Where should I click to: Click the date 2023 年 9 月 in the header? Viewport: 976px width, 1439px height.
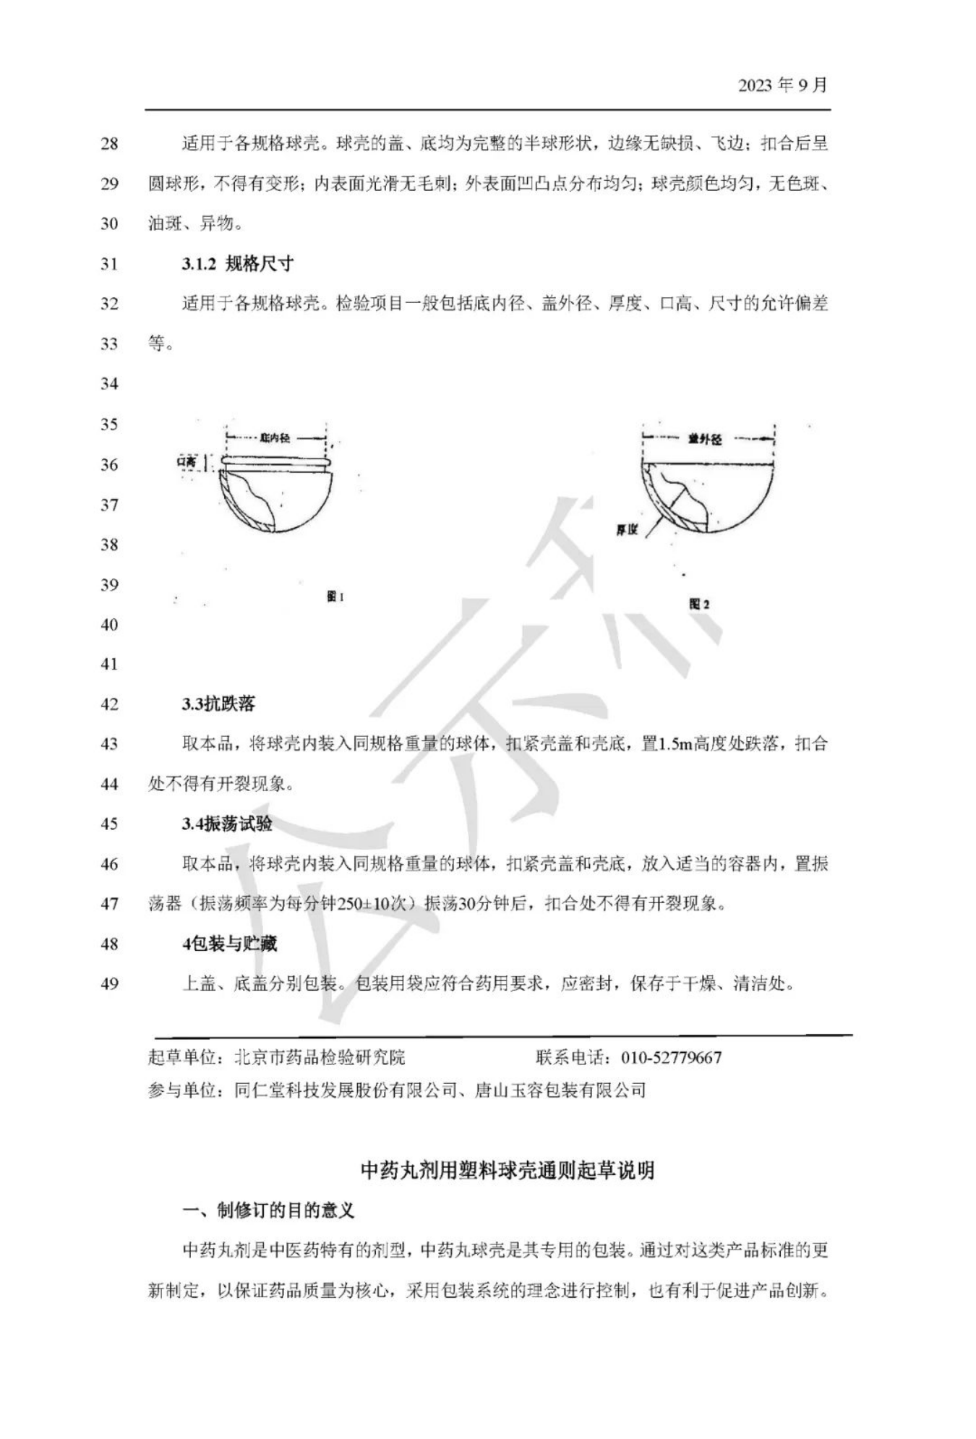pos(782,85)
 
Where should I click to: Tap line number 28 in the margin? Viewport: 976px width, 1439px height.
pos(109,144)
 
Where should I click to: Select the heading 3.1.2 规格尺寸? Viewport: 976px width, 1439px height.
pos(237,264)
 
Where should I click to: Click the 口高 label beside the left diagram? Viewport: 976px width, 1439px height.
pos(187,461)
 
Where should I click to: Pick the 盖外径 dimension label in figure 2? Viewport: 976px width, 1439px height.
pos(705,439)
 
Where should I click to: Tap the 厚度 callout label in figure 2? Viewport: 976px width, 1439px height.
pos(627,530)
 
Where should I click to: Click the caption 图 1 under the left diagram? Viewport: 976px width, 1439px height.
pos(335,597)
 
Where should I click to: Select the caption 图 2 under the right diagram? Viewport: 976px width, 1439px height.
pos(699,604)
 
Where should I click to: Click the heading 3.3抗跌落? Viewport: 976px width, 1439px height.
pos(218,704)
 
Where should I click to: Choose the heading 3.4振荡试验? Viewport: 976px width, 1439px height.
pos(227,824)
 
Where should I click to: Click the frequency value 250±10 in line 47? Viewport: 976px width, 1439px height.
pos(372,904)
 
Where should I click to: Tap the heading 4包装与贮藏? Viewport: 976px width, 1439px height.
pos(229,944)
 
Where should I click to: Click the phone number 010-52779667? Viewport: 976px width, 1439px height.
pos(671,1058)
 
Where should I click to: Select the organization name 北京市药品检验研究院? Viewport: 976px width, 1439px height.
pos(320,1058)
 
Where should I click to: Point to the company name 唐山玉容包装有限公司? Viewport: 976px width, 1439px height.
pos(560,1090)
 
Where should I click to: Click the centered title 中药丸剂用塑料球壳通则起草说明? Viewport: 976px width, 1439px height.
pos(508,1171)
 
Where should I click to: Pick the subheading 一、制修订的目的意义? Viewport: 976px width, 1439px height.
pos(268,1210)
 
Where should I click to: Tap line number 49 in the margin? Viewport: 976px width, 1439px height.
pos(109,983)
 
